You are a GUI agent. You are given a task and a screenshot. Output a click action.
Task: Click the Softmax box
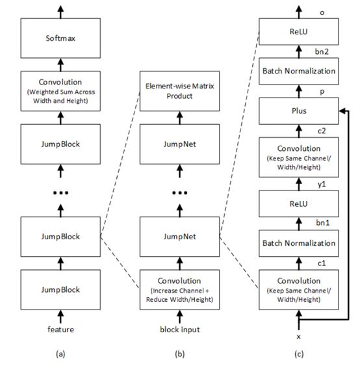tap(60, 38)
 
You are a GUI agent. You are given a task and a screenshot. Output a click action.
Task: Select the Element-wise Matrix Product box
tap(179, 91)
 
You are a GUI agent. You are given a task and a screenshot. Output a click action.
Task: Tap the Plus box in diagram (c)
tap(299, 111)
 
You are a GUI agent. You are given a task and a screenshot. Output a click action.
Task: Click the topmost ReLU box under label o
tap(299, 32)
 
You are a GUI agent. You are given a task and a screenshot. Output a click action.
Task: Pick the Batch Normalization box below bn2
tap(299, 71)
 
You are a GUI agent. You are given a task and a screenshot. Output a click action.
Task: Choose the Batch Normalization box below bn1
tap(299, 243)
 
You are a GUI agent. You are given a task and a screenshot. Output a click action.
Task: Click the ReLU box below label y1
tap(299, 204)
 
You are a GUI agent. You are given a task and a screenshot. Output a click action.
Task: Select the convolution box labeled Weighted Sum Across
tap(60, 91)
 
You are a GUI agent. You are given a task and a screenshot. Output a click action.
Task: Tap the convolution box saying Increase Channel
tap(179, 289)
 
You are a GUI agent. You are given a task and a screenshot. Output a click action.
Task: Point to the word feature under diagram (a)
tap(60, 329)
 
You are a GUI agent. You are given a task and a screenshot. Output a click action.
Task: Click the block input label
tap(180, 330)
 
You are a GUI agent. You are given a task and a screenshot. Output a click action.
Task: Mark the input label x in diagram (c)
tap(299, 337)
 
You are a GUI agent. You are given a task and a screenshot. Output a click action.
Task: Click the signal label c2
tap(322, 131)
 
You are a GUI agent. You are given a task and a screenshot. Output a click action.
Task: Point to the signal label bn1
tap(322, 222)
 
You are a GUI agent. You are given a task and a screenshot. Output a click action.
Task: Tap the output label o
tap(322, 12)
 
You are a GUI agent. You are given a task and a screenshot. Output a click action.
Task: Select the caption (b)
tap(179, 354)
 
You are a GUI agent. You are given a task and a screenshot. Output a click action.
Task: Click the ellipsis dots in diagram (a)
tap(60, 193)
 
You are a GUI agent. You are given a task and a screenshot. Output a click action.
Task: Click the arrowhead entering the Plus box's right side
tap(342, 111)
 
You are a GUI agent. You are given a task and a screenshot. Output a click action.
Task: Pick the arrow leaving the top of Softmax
tap(61, 12)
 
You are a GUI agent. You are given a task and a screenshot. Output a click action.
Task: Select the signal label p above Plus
tap(322, 92)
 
